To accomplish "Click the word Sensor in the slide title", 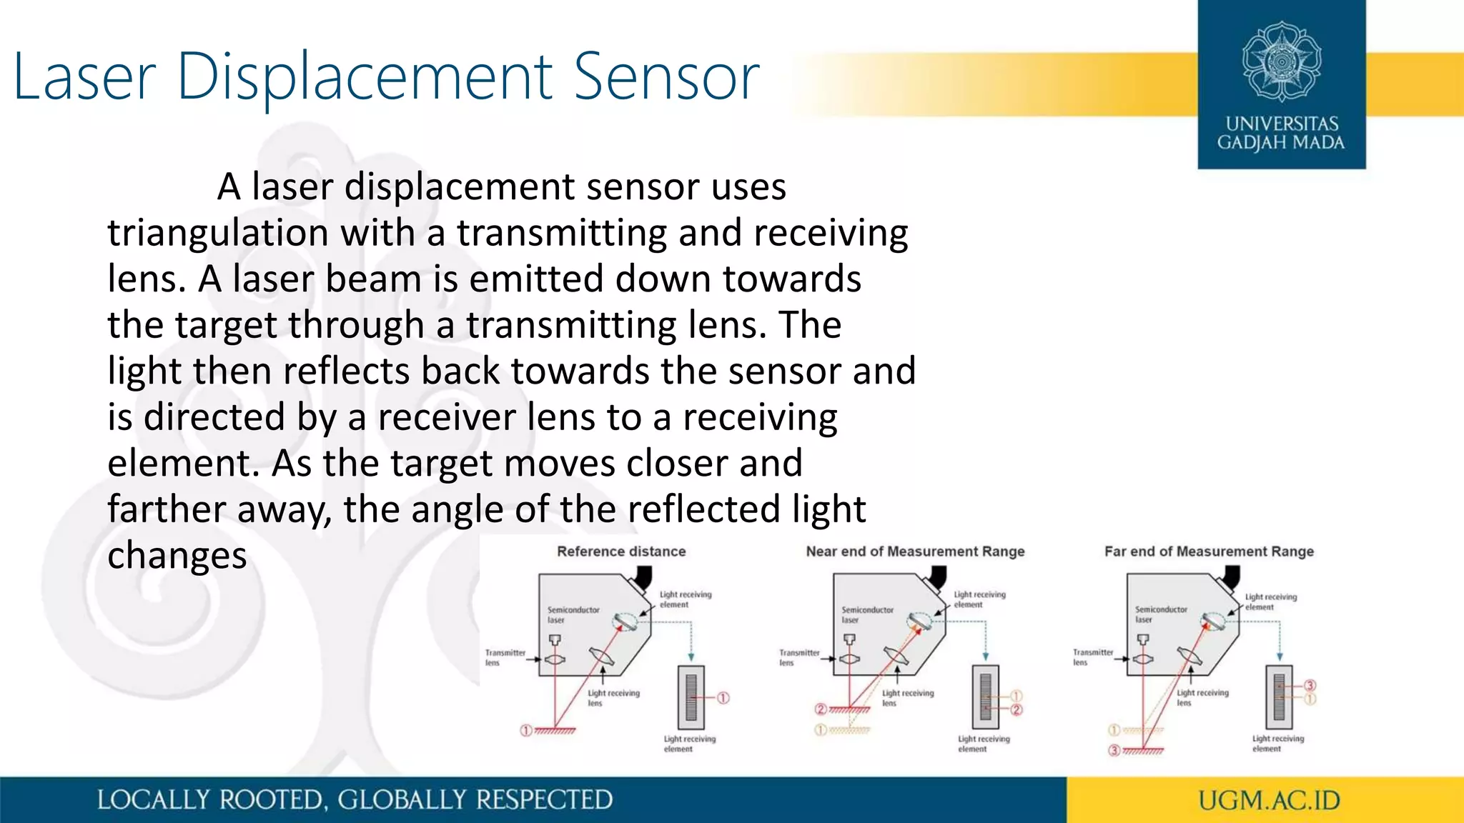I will pyautogui.click(x=666, y=77).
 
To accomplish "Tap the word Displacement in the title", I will pyautogui.click(x=365, y=77).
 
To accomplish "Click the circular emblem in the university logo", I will pyautogui.click(x=1281, y=61).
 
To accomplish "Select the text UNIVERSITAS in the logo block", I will pyautogui.click(x=1282, y=124).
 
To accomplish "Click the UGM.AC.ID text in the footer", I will pyautogui.click(x=1269, y=800).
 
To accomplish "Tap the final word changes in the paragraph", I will pyautogui.click(x=177, y=556).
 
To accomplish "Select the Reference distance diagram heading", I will pyautogui.click(x=621, y=552).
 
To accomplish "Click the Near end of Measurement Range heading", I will pyautogui.click(x=915, y=552).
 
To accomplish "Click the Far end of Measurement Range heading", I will pyautogui.click(x=1209, y=552).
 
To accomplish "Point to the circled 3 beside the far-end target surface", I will pyautogui.click(x=1114, y=751).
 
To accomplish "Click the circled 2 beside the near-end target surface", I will pyautogui.click(x=821, y=709).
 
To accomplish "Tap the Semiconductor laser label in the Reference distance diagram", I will pyautogui.click(x=573, y=614).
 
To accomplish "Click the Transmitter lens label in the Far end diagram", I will pyautogui.click(x=1092, y=657).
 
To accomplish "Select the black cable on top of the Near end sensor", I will pyautogui.click(x=937, y=576).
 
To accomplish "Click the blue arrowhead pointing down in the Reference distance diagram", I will pyautogui.click(x=691, y=657).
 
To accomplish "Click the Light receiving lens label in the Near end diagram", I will pyautogui.click(x=907, y=698).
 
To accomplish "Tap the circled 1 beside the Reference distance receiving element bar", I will pyautogui.click(x=723, y=698).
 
